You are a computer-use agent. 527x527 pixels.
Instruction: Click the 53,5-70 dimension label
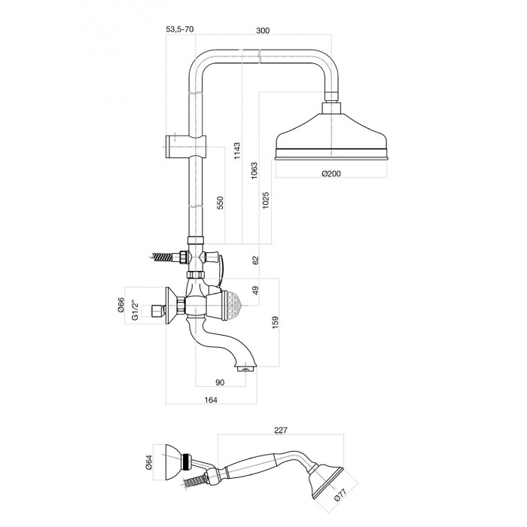[x=179, y=30]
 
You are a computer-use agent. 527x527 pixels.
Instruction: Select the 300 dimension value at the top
[x=263, y=30]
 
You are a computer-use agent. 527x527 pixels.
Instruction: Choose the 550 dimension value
[x=221, y=204]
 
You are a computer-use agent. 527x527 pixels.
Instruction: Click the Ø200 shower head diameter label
[x=331, y=174]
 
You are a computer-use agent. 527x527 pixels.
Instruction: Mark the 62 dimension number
[x=256, y=260]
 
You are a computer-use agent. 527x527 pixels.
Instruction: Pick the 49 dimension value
[x=256, y=290]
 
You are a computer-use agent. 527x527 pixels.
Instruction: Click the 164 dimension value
[x=210, y=401]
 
